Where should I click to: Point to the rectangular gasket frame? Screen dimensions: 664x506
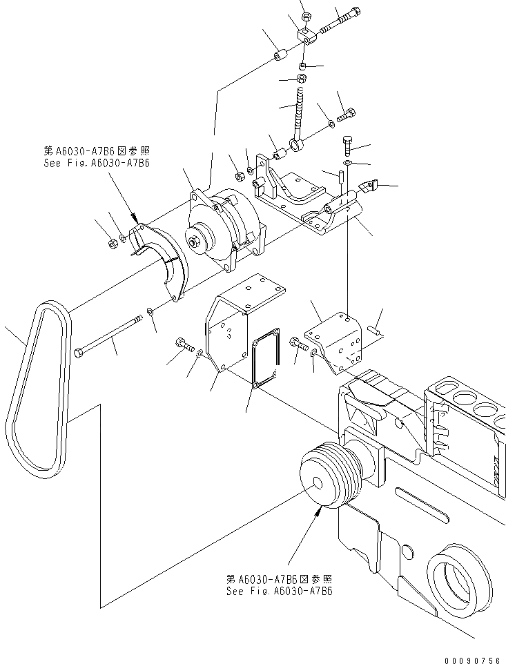coord(264,360)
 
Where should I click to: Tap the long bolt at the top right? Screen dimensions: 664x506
coord(340,21)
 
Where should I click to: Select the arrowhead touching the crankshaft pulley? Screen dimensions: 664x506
coord(319,511)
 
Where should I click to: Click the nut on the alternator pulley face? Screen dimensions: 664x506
coord(196,242)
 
